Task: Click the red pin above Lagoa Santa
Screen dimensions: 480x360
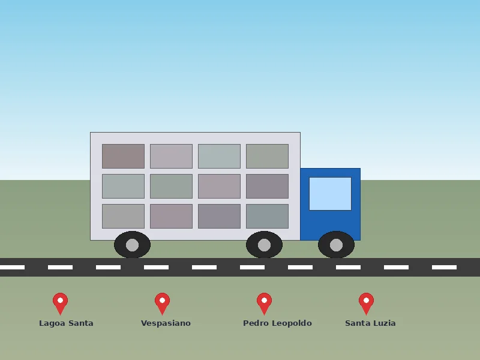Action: tap(61, 303)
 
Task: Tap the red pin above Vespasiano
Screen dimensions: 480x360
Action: tap(162, 303)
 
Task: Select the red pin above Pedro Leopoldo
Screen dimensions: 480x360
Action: tap(264, 303)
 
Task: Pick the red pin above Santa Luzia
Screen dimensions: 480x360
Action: tap(366, 303)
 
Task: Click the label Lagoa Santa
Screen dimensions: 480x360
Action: tap(66, 323)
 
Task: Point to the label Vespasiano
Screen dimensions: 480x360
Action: tap(166, 323)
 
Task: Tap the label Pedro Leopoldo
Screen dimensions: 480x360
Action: tap(277, 323)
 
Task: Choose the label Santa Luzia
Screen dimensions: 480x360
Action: tap(370, 323)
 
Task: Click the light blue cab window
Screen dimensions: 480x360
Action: tap(331, 194)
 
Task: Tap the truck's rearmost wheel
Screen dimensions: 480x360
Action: tap(132, 245)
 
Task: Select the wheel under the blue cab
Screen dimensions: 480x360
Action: tap(336, 245)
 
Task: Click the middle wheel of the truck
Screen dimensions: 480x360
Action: tap(264, 245)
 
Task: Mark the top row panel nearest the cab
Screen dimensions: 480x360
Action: tap(267, 156)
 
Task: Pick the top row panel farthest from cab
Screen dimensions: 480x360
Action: tap(123, 156)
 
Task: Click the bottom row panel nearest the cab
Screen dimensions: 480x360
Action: tap(267, 216)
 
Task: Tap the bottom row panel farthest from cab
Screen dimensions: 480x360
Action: tap(123, 216)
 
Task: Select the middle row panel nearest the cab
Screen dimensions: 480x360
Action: tap(267, 186)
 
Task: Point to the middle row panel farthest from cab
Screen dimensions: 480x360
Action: tap(123, 186)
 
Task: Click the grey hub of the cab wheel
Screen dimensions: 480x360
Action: tap(336, 245)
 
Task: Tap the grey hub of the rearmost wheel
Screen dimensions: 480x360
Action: tap(132, 245)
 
